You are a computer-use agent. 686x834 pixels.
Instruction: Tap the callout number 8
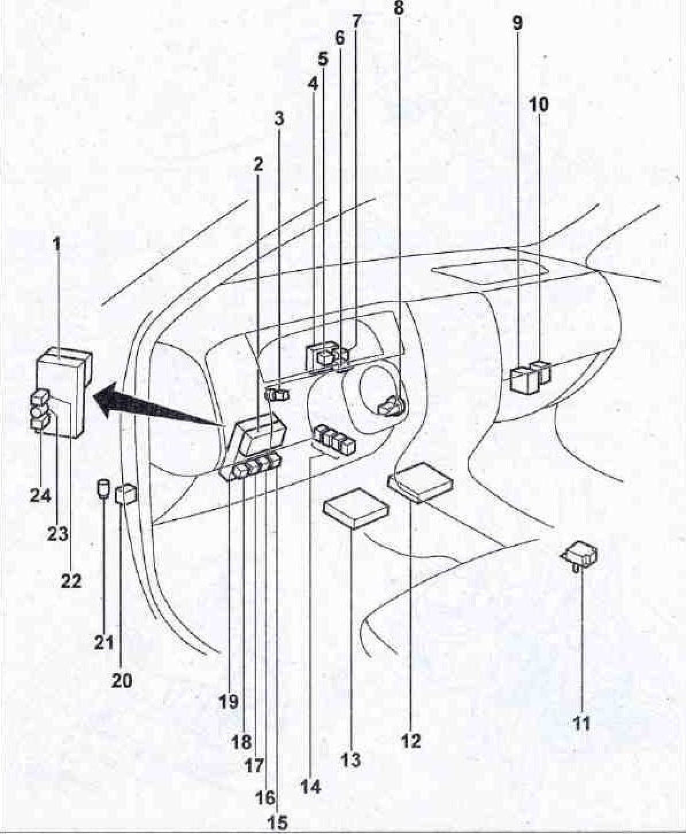coord(398,8)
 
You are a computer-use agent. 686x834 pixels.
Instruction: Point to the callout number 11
coord(581,724)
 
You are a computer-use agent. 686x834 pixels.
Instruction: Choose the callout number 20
coord(121,681)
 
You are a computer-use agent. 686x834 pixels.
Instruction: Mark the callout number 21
coord(103,642)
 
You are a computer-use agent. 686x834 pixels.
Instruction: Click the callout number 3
coord(279,119)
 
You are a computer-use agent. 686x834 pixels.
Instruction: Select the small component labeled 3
coord(277,394)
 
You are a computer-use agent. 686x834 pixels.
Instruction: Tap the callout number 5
coord(323,59)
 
